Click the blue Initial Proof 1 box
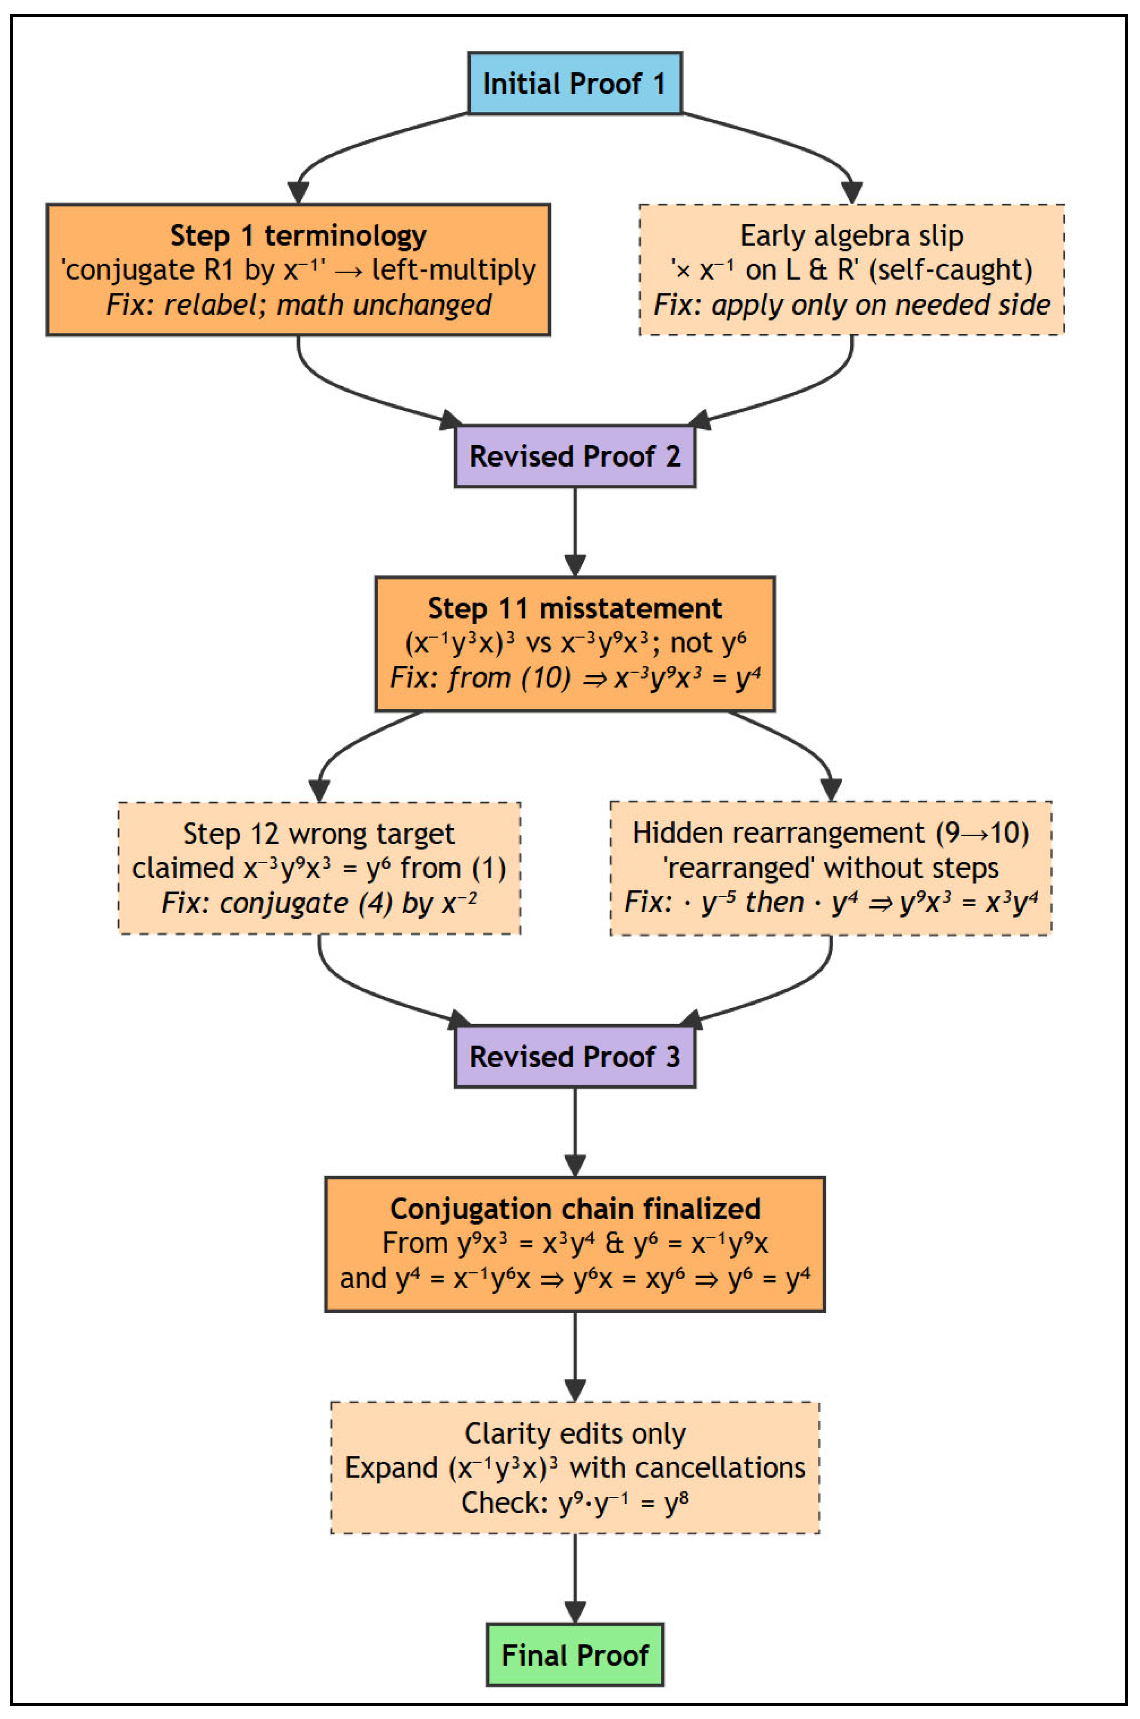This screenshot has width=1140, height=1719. [x=574, y=84]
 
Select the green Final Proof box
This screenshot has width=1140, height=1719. [x=574, y=1655]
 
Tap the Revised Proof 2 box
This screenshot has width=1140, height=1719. [x=574, y=456]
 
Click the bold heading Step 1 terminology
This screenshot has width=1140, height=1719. [x=298, y=235]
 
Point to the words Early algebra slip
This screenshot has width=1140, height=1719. [x=851, y=235]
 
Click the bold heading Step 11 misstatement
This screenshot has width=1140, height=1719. [x=574, y=608]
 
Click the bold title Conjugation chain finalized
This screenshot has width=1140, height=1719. [x=574, y=1208]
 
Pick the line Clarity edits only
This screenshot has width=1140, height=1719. [x=574, y=1434]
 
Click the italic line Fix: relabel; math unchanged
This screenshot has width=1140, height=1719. [x=298, y=304]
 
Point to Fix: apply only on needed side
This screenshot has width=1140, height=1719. [x=851, y=304]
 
